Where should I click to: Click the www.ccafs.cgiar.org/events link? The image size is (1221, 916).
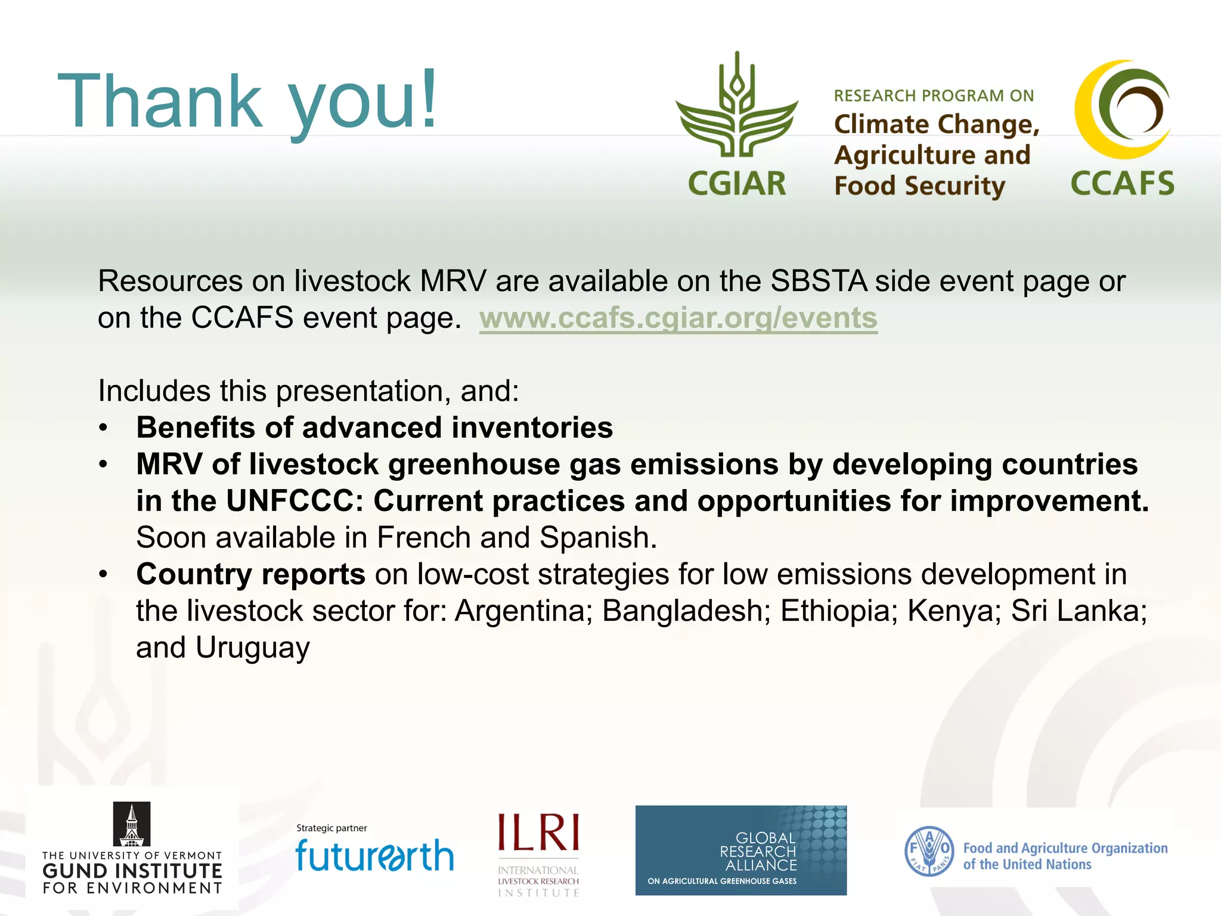pyautogui.click(x=678, y=318)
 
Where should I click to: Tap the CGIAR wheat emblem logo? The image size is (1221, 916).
pyautogui.click(x=737, y=107)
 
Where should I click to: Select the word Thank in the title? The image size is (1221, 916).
pyautogui.click(x=160, y=101)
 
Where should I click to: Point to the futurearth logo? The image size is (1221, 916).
pyautogui.click(x=374, y=855)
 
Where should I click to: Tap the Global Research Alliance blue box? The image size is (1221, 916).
pyautogui.click(x=740, y=850)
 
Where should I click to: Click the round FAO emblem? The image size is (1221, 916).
pyautogui.click(x=929, y=851)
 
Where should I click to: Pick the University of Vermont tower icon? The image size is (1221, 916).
pyautogui.click(x=132, y=824)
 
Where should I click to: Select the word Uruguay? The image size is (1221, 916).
pyautogui.click(x=253, y=648)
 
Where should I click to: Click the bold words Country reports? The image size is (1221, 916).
pyautogui.click(x=250, y=574)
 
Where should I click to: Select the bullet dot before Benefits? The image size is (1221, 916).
pyautogui.click(x=104, y=428)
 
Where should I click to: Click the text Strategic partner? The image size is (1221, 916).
pyautogui.click(x=331, y=828)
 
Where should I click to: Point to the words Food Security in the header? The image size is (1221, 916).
pyautogui.click(x=919, y=186)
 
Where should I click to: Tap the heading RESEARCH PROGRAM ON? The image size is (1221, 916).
pyautogui.click(x=934, y=96)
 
